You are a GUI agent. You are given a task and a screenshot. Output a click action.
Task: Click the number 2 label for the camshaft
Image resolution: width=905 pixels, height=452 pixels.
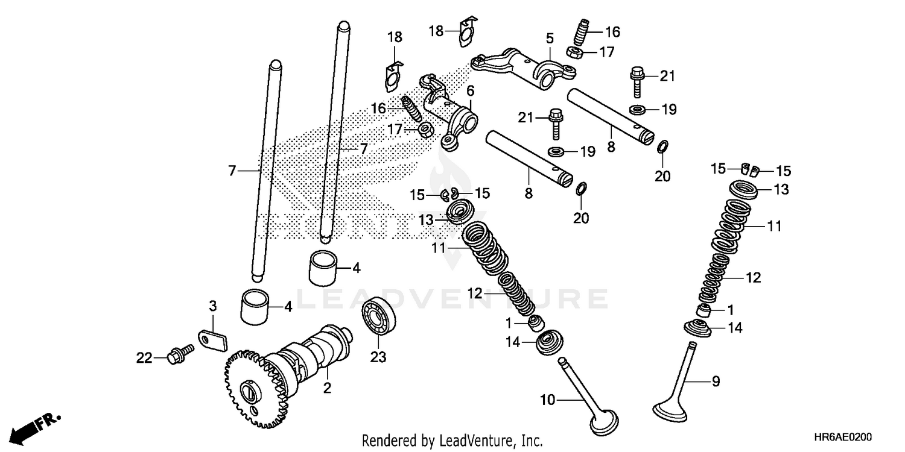(x=327, y=389)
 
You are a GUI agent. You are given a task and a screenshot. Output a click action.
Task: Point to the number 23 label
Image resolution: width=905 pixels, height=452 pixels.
(x=378, y=357)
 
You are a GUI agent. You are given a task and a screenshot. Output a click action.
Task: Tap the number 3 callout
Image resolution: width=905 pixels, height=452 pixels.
(x=212, y=306)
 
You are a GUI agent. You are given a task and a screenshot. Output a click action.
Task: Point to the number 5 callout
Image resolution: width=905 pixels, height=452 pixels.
(x=549, y=38)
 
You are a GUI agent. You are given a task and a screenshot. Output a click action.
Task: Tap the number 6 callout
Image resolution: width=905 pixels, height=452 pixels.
(x=470, y=90)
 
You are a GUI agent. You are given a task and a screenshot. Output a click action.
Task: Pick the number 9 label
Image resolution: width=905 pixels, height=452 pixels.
(x=716, y=381)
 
